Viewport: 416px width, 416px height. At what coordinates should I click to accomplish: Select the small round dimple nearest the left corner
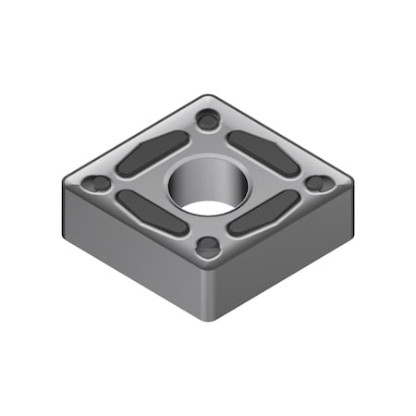pyautogui.click(x=94, y=185)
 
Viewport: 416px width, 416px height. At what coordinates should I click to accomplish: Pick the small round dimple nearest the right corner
pyautogui.click(x=319, y=183)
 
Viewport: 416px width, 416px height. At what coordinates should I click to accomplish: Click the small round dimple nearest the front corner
pyautogui.click(x=209, y=247)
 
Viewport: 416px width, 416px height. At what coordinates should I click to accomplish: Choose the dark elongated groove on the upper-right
pyautogui.click(x=263, y=152)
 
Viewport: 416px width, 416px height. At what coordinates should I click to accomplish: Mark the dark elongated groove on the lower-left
pyautogui.click(x=152, y=214)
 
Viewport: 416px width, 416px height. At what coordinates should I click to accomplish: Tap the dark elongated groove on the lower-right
pyautogui.click(x=264, y=214)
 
